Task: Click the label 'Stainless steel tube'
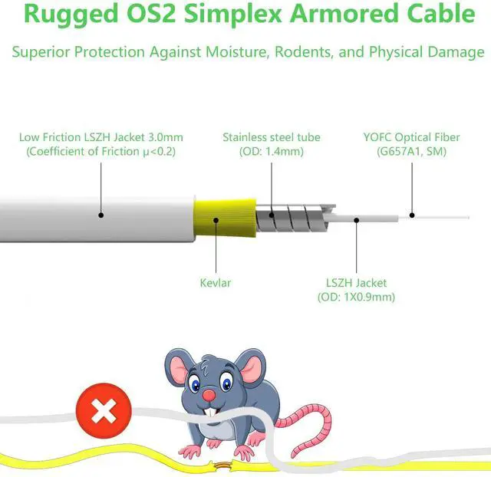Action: (x=272, y=137)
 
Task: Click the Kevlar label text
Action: (x=214, y=282)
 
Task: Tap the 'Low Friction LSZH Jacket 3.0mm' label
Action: (x=101, y=137)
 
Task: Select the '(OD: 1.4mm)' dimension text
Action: (x=272, y=152)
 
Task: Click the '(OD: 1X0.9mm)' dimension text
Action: (x=356, y=297)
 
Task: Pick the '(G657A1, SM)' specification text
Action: (x=411, y=152)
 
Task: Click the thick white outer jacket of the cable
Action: (x=92, y=219)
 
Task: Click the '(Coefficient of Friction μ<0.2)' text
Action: (x=101, y=152)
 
